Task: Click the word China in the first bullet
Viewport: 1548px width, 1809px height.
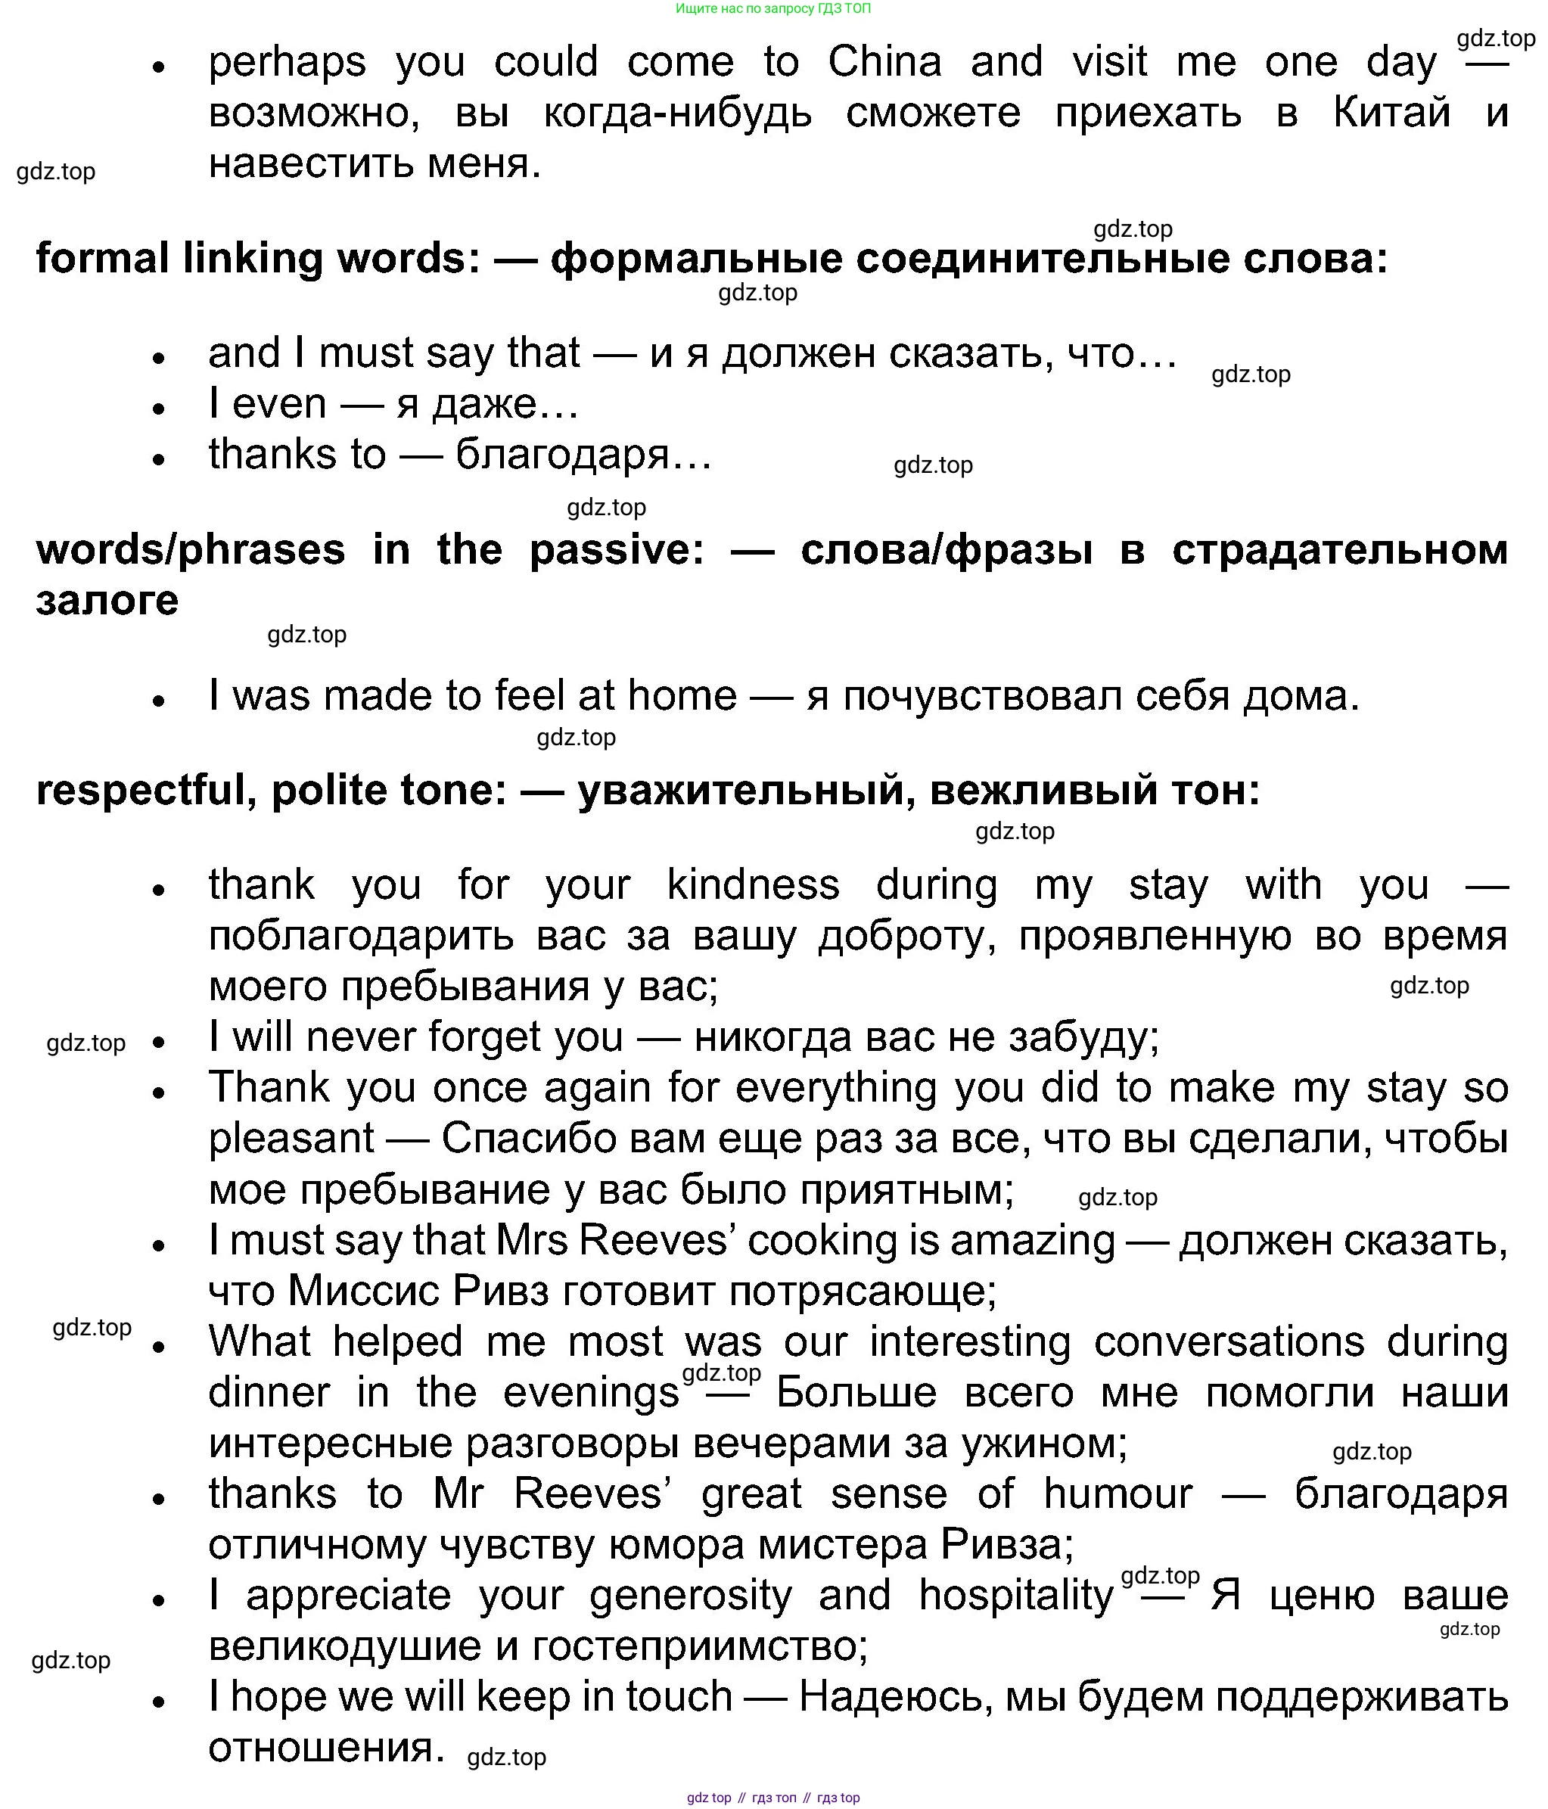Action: point(884,63)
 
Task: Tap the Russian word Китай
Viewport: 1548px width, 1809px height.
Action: point(1391,113)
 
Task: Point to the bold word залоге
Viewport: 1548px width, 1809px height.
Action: point(107,601)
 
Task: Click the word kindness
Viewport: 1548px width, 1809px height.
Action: point(753,885)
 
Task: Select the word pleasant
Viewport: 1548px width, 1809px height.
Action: point(291,1139)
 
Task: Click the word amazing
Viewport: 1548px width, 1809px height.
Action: point(1032,1242)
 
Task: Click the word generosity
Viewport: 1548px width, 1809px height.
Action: point(691,1596)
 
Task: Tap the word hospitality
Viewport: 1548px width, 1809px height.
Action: point(1016,1596)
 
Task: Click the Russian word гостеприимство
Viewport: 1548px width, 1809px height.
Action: point(699,1646)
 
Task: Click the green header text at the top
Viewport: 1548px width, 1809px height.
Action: point(772,9)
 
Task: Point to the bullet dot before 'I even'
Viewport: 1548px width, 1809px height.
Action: point(158,409)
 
